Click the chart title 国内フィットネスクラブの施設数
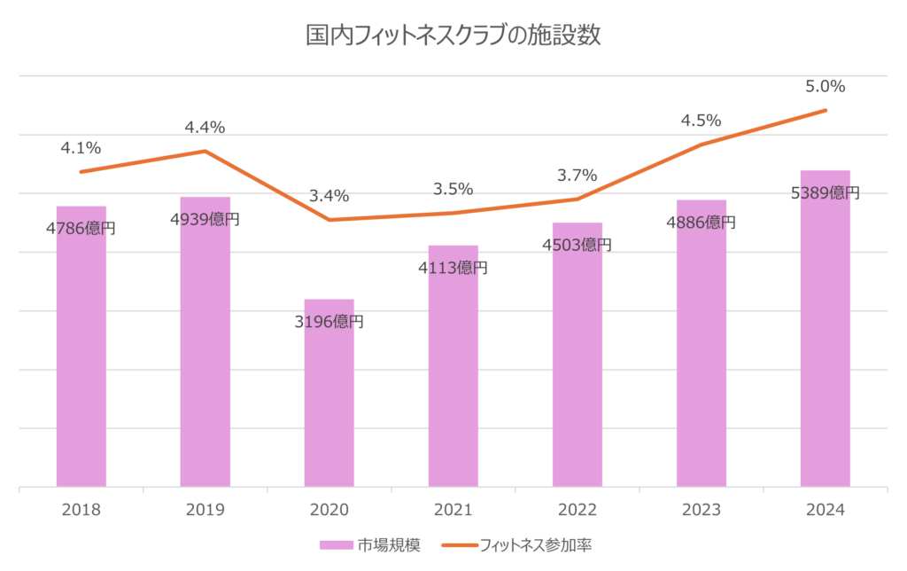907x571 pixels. click(453, 37)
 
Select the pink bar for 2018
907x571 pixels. click(81, 355)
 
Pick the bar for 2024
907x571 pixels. click(826, 337)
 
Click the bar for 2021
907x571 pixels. click(453, 372)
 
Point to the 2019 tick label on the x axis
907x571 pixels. click(205, 510)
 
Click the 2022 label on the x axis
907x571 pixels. click(578, 510)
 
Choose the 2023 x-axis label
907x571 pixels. click(702, 510)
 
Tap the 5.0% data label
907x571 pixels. click(826, 87)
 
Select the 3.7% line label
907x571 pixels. click(577, 176)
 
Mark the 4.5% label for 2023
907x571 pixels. click(701, 121)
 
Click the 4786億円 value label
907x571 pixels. click(81, 228)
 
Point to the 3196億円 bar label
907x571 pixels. click(329, 322)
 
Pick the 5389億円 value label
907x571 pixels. click(825, 192)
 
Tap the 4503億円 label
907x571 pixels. click(577, 245)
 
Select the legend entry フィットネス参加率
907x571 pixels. click(531, 544)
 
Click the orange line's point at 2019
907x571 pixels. click(205, 150)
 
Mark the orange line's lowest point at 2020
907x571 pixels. click(329, 220)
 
